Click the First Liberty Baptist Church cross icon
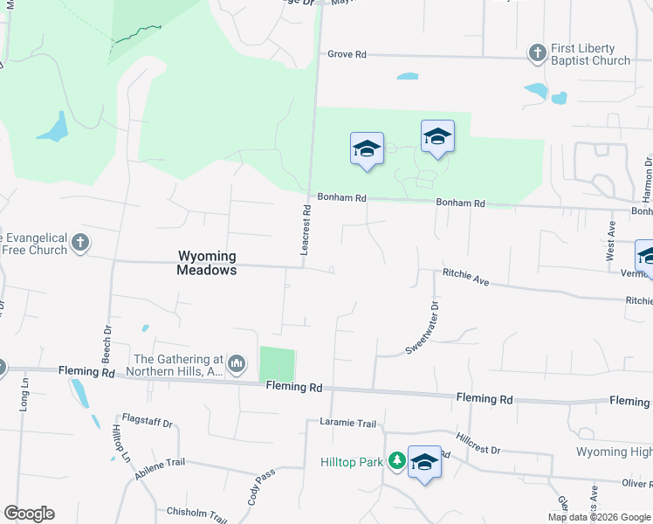pyautogui.click(x=539, y=54)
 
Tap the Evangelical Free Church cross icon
pyautogui.click(x=80, y=243)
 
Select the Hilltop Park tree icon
pyautogui.click(x=397, y=460)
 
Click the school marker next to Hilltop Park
pyautogui.click(x=424, y=463)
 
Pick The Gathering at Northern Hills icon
pyautogui.click(x=236, y=362)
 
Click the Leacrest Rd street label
pyautogui.click(x=306, y=230)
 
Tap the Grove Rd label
pyautogui.click(x=347, y=54)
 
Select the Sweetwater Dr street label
pyautogui.click(x=421, y=327)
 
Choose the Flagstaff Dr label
pyautogui.click(x=148, y=424)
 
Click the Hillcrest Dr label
pyautogui.click(x=478, y=443)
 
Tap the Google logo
pyautogui.click(x=29, y=513)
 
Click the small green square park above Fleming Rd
pyautogui.click(x=278, y=364)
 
